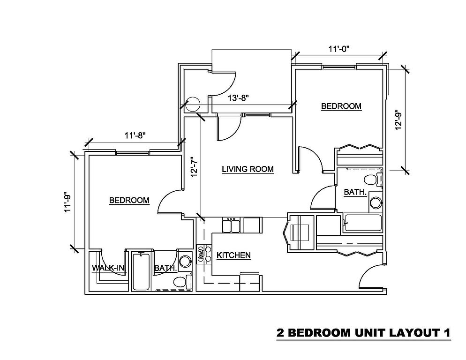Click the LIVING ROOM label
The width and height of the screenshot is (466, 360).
[x=248, y=169]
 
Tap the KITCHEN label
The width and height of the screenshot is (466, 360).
[x=233, y=255]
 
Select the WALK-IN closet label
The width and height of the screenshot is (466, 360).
[x=109, y=268]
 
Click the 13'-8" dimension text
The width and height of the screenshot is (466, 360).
[x=238, y=98]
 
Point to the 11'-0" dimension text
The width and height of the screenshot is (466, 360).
[x=339, y=49]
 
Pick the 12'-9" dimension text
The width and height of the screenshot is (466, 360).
[x=398, y=120]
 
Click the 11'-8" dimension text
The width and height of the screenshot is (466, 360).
[x=135, y=135]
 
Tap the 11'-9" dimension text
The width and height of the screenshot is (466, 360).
[x=68, y=203]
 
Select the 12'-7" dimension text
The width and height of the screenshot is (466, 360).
[x=195, y=167]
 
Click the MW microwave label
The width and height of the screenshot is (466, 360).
[x=201, y=254]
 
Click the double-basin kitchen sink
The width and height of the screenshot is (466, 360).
[x=231, y=225]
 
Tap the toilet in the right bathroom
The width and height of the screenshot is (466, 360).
[x=373, y=180]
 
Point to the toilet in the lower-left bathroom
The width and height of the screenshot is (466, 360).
[x=182, y=282]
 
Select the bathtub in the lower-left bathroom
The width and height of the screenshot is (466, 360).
[x=141, y=271]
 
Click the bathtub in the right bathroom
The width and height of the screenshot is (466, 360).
[x=362, y=224]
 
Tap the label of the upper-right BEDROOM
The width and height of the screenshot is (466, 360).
[x=341, y=106]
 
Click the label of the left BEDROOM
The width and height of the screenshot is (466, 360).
[x=129, y=200]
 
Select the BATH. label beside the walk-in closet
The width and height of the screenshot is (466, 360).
[x=165, y=268]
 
